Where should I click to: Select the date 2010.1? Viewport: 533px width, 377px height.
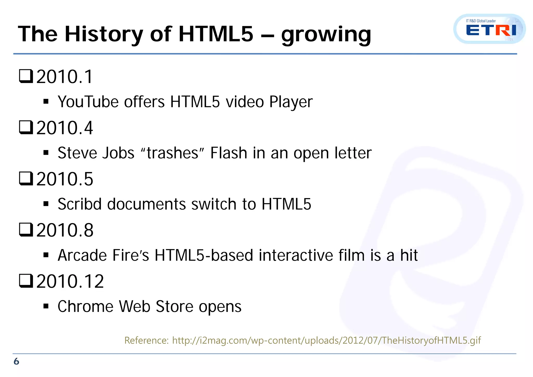point(65,77)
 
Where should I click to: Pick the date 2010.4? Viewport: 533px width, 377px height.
point(65,128)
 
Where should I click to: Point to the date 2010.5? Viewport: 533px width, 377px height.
point(65,179)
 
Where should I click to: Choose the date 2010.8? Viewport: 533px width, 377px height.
point(65,230)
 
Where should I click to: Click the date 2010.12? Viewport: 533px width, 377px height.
point(70,281)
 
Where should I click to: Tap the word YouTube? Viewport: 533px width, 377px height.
point(88,102)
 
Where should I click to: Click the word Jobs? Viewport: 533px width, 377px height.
point(118,153)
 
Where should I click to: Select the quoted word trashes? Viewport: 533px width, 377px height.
point(172,153)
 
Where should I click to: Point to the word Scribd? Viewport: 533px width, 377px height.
point(79,204)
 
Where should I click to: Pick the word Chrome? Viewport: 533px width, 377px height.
point(85,306)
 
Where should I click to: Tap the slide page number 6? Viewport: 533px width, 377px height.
point(16,361)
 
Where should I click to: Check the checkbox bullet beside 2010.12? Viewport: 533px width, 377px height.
point(26,281)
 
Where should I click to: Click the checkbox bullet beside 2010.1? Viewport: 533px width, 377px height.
point(26,76)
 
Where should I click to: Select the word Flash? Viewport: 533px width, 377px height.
point(229,153)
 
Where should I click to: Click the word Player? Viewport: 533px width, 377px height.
point(291,102)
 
